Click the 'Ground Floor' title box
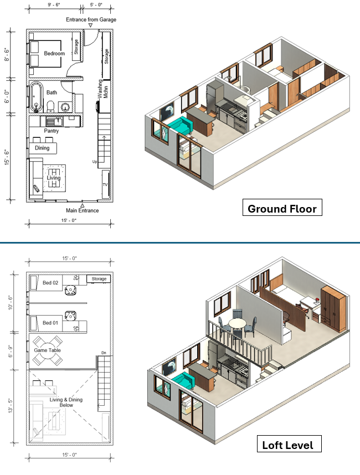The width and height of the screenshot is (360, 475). (x=282, y=208)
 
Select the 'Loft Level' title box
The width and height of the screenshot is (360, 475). (x=289, y=444)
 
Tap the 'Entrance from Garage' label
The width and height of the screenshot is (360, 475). (x=91, y=19)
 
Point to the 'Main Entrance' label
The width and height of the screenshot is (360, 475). (x=83, y=210)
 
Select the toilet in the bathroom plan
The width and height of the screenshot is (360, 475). (x=51, y=106)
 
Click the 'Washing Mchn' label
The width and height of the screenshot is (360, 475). (x=102, y=89)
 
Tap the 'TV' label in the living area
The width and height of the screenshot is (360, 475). (x=105, y=184)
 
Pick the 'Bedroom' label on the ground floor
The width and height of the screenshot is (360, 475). (x=54, y=53)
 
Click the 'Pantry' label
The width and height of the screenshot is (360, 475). (x=51, y=131)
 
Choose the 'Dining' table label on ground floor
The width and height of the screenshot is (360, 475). (x=42, y=148)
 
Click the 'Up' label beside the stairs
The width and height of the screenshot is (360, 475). (x=95, y=162)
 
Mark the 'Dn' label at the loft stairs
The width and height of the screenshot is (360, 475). (x=104, y=353)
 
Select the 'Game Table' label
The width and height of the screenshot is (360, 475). (x=47, y=350)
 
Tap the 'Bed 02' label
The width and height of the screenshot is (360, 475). (x=50, y=283)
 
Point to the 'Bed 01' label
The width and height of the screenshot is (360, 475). (x=50, y=323)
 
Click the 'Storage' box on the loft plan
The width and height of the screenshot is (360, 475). (x=99, y=278)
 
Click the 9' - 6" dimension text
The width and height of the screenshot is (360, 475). (x=54, y=5)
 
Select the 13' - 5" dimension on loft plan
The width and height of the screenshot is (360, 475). (x=11, y=406)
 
